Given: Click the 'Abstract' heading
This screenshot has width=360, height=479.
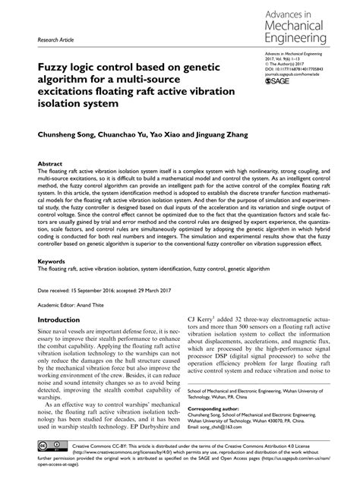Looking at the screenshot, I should [51, 163].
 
